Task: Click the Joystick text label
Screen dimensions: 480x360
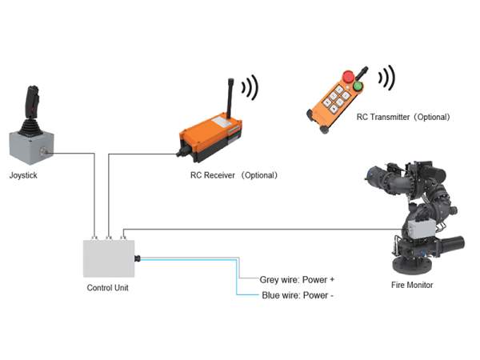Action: pyautogui.click(x=23, y=175)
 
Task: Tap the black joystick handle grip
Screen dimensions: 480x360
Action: pyautogui.click(x=32, y=101)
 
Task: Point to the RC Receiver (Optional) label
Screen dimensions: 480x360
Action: pyautogui.click(x=234, y=175)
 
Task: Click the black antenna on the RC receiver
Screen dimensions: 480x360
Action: pyautogui.click(x=230, y=98)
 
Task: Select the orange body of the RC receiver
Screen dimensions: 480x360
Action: pyautogui.click(x=211, y=134)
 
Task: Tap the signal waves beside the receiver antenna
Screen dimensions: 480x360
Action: pyautogui.click(x=250, y=87)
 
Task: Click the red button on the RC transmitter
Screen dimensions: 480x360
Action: pyautogui.click(x=348, y=77)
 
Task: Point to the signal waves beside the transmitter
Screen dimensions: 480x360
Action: pyautogui.click(x=386, y=78)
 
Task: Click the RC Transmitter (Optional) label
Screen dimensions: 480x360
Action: pyautogui.click(x=403, y=117)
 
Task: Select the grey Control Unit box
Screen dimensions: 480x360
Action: pyautogui.click(x=109, y=258)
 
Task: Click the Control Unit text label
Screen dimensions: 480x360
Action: pyautogui.click(x=107, y=288)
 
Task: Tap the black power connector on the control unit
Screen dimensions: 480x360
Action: pyautogui.click(x=138, y=258)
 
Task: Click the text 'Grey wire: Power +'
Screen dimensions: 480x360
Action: pyautogui.click(x=297, y=279)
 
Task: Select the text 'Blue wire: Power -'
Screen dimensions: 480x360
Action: pyautogui.click(x=298, y=295)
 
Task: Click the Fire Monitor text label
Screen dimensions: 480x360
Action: pyautogui.click(x=412, y=285)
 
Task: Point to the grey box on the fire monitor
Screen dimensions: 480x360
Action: pyautogui.click(x=421, y=228)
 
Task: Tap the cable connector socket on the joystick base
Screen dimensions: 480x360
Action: pyautogui.click(x=44, y=151)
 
